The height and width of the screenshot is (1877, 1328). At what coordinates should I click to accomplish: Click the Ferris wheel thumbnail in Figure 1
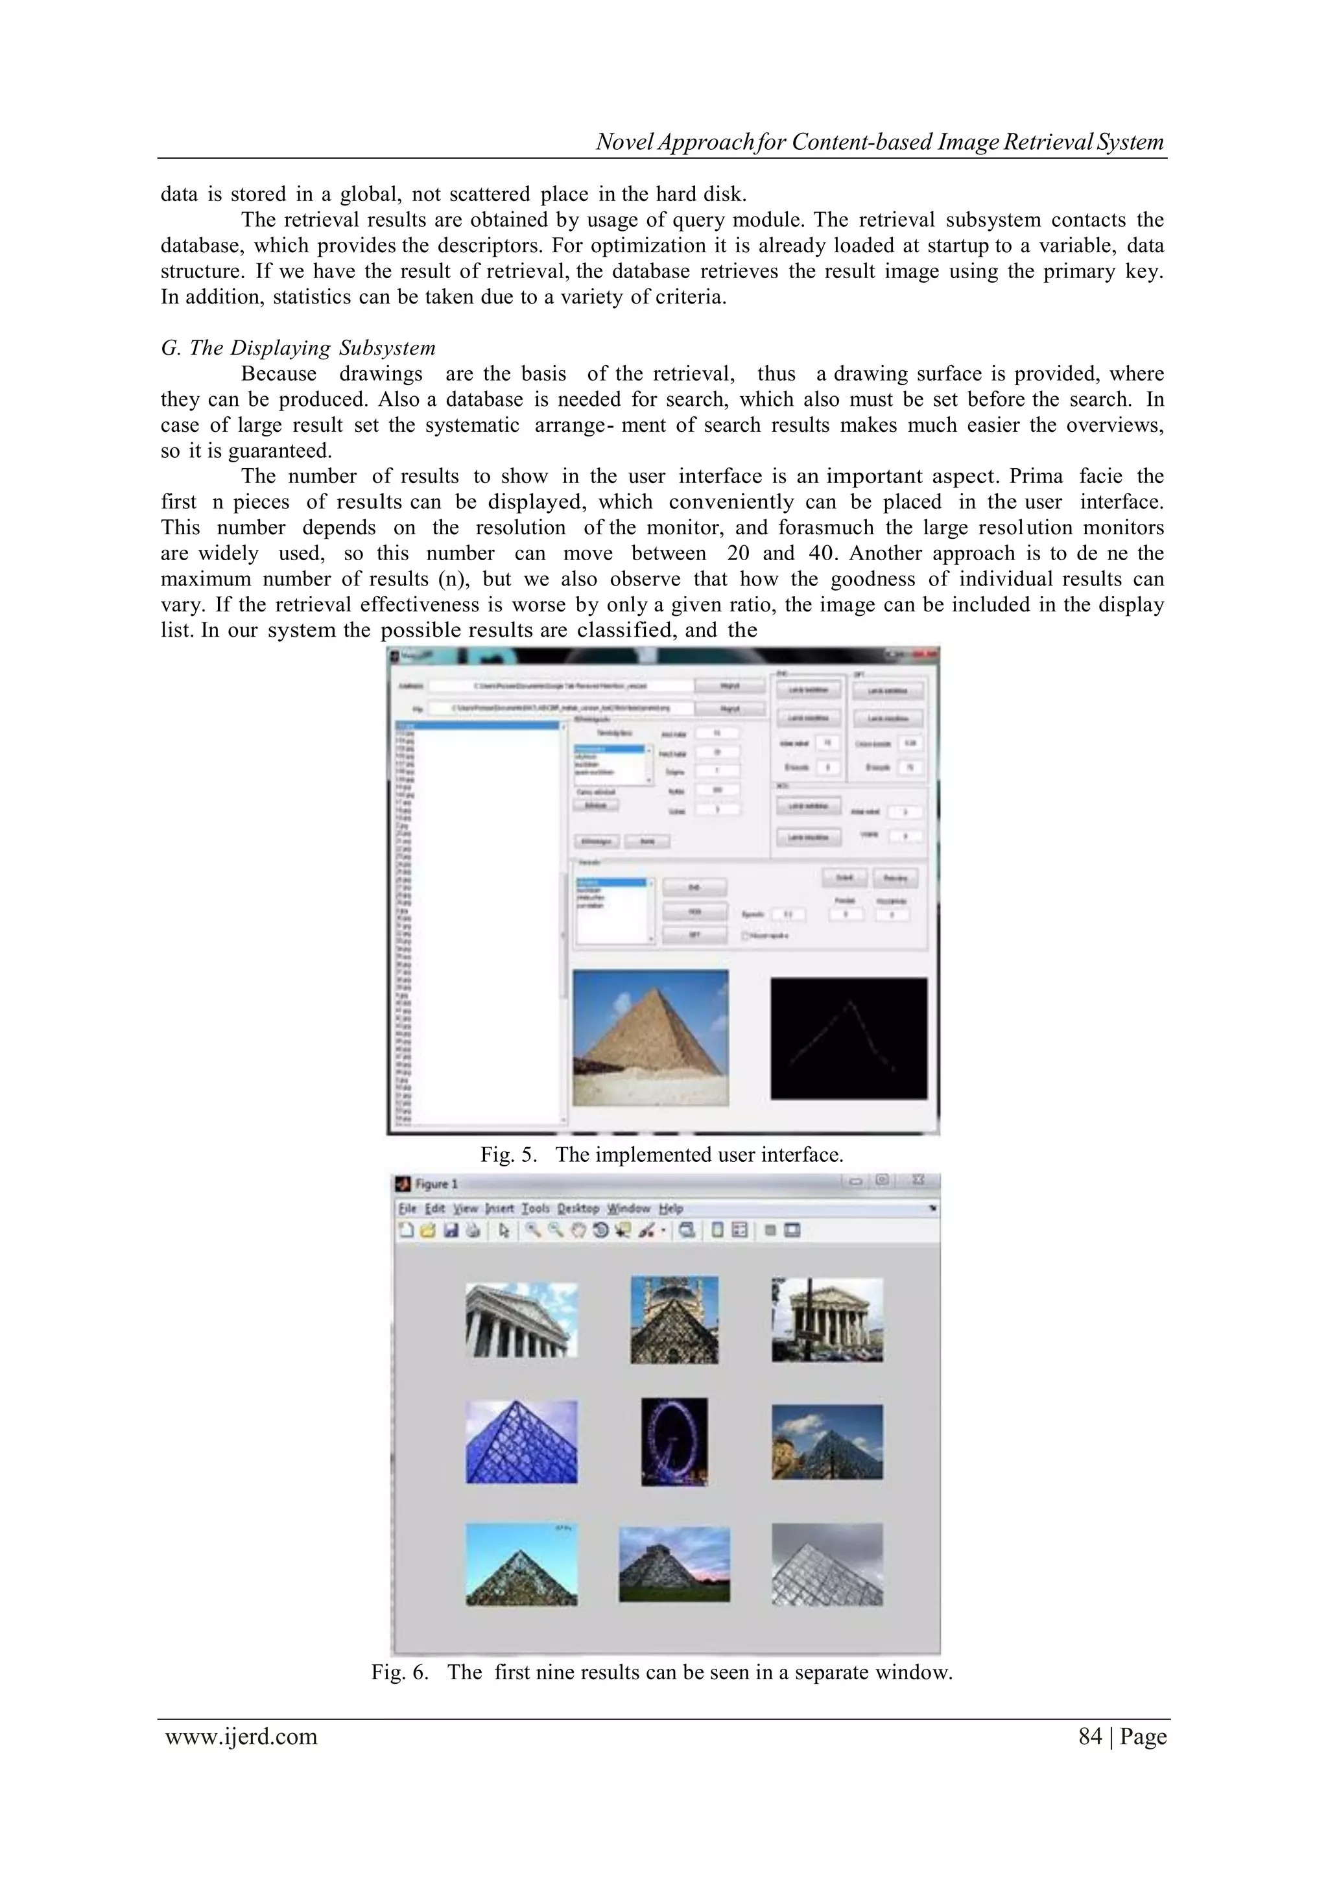click(674, 1442)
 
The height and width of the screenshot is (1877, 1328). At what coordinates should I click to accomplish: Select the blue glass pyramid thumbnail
click(522, 1442)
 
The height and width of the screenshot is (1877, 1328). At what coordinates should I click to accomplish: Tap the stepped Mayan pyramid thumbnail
click(674, 1564)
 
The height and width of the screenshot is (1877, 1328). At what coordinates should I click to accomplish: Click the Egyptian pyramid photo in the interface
click(650, 1037)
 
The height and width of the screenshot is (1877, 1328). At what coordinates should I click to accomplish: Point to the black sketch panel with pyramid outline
click(849, 1038)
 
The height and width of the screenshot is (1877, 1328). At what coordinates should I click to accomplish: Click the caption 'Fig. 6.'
click(399, 1672)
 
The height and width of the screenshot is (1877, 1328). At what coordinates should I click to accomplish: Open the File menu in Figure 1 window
click(407, 1209)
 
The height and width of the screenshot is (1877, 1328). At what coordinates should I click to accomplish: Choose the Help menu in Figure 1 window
click(670, 1209)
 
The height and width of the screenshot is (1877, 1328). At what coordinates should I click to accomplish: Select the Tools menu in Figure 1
click(536, 1209)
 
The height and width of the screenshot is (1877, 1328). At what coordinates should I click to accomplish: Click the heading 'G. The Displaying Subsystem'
click(298, 348)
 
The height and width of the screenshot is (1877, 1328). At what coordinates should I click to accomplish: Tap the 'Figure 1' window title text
click(436, 1184)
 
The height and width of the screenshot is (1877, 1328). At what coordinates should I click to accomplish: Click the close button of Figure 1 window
click(918, 1181)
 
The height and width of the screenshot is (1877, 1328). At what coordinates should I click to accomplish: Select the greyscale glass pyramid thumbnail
click(827, 1564)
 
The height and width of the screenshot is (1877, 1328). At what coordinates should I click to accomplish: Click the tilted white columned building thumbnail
click(522, 1320)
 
